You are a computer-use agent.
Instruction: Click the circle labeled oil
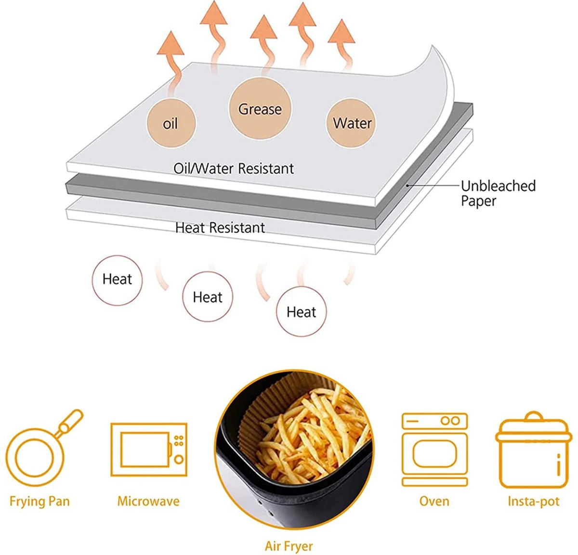pyautogui.click(x=171, y=123)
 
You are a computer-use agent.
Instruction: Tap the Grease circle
pyautogui.click(x=260, y=108)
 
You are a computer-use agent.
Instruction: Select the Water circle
pyautogui.click(x=351, y=123)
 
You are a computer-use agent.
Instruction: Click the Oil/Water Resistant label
pyautogui.click(x=234, y=169)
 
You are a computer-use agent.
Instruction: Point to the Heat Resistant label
pyautogui.click(x=220, y=228)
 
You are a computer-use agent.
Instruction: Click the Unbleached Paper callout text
pyautogui.click(x=498, y=193)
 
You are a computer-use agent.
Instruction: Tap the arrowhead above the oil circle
pyautogui.click(x=171, y=43)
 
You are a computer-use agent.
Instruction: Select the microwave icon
pyautogui.click(x=149, y=449)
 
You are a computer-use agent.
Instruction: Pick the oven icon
pyautogui.click(x=434, y=449)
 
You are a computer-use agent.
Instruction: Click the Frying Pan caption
pyautogui.click(x=39, y=502)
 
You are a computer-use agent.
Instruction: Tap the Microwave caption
pyautogui.click(x=148, y=501)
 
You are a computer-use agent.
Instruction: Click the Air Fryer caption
pyautogui.click(x=289, y=546)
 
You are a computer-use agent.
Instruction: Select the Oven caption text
pyautogui.click(x=434, y=501)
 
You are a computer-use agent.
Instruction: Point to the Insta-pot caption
pyautogui.click(x=534, y=501)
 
